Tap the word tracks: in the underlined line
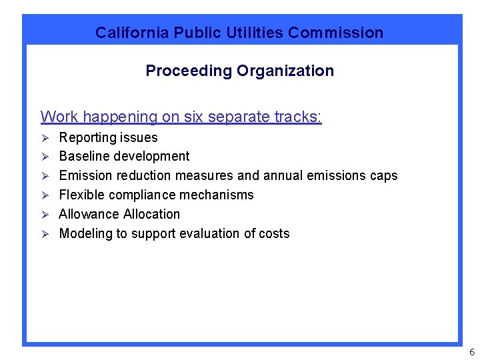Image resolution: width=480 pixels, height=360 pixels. (298, 117)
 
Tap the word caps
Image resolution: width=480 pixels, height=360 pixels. (383, 176)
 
